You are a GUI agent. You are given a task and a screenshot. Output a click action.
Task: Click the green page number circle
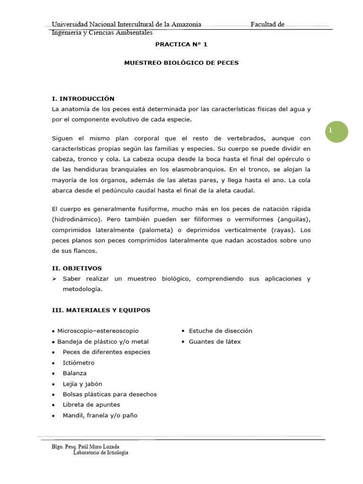(337, 131)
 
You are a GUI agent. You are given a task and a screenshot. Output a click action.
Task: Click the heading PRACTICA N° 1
(181, 44)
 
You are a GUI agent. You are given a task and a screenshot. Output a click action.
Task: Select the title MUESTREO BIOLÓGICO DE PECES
(181, 62)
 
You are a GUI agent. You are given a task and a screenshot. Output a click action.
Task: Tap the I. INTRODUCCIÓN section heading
(83, 99)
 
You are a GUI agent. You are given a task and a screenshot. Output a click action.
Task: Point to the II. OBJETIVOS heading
(77, 268)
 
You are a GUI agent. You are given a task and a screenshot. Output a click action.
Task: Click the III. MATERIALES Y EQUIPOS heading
(101, 310)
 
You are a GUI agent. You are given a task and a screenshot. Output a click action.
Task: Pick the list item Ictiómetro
(78, 363)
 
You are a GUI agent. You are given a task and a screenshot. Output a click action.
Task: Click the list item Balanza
(75, 373)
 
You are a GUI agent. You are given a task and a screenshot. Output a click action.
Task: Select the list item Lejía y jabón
(82, 384)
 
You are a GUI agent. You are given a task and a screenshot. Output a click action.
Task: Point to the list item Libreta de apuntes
(91, 405)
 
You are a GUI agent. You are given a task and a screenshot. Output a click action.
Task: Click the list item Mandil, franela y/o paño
(100, 415)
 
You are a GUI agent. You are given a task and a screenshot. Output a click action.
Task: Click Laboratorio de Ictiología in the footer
(101, 452)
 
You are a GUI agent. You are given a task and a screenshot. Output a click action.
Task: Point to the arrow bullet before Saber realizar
(54, 279)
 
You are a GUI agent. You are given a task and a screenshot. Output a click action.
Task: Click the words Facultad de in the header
(267, 25)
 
